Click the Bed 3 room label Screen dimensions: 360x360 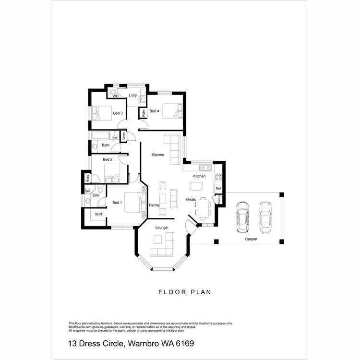coord(118,113)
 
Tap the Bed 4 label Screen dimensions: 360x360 coord(154,111)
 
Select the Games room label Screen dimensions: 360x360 coord(158,155)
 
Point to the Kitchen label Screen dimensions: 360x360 coord(199,176)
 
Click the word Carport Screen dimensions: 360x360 coord(251,239)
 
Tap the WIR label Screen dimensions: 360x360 coord(98,214)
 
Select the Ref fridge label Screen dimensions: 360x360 coord(218,189)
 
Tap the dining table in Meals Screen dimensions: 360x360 coord(203,208)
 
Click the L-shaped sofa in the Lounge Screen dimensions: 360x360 coord(163,246)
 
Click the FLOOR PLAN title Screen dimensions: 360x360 coord(185,291)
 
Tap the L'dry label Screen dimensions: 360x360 coord(133,96)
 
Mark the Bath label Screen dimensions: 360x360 coord(106,145)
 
